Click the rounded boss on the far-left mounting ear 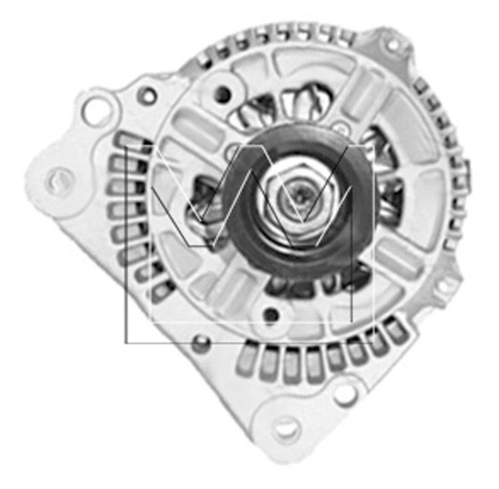click(59, 178)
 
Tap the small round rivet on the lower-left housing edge click(200, 344)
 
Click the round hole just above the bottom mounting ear click(343, 391)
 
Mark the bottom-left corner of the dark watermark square click(126, 343)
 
